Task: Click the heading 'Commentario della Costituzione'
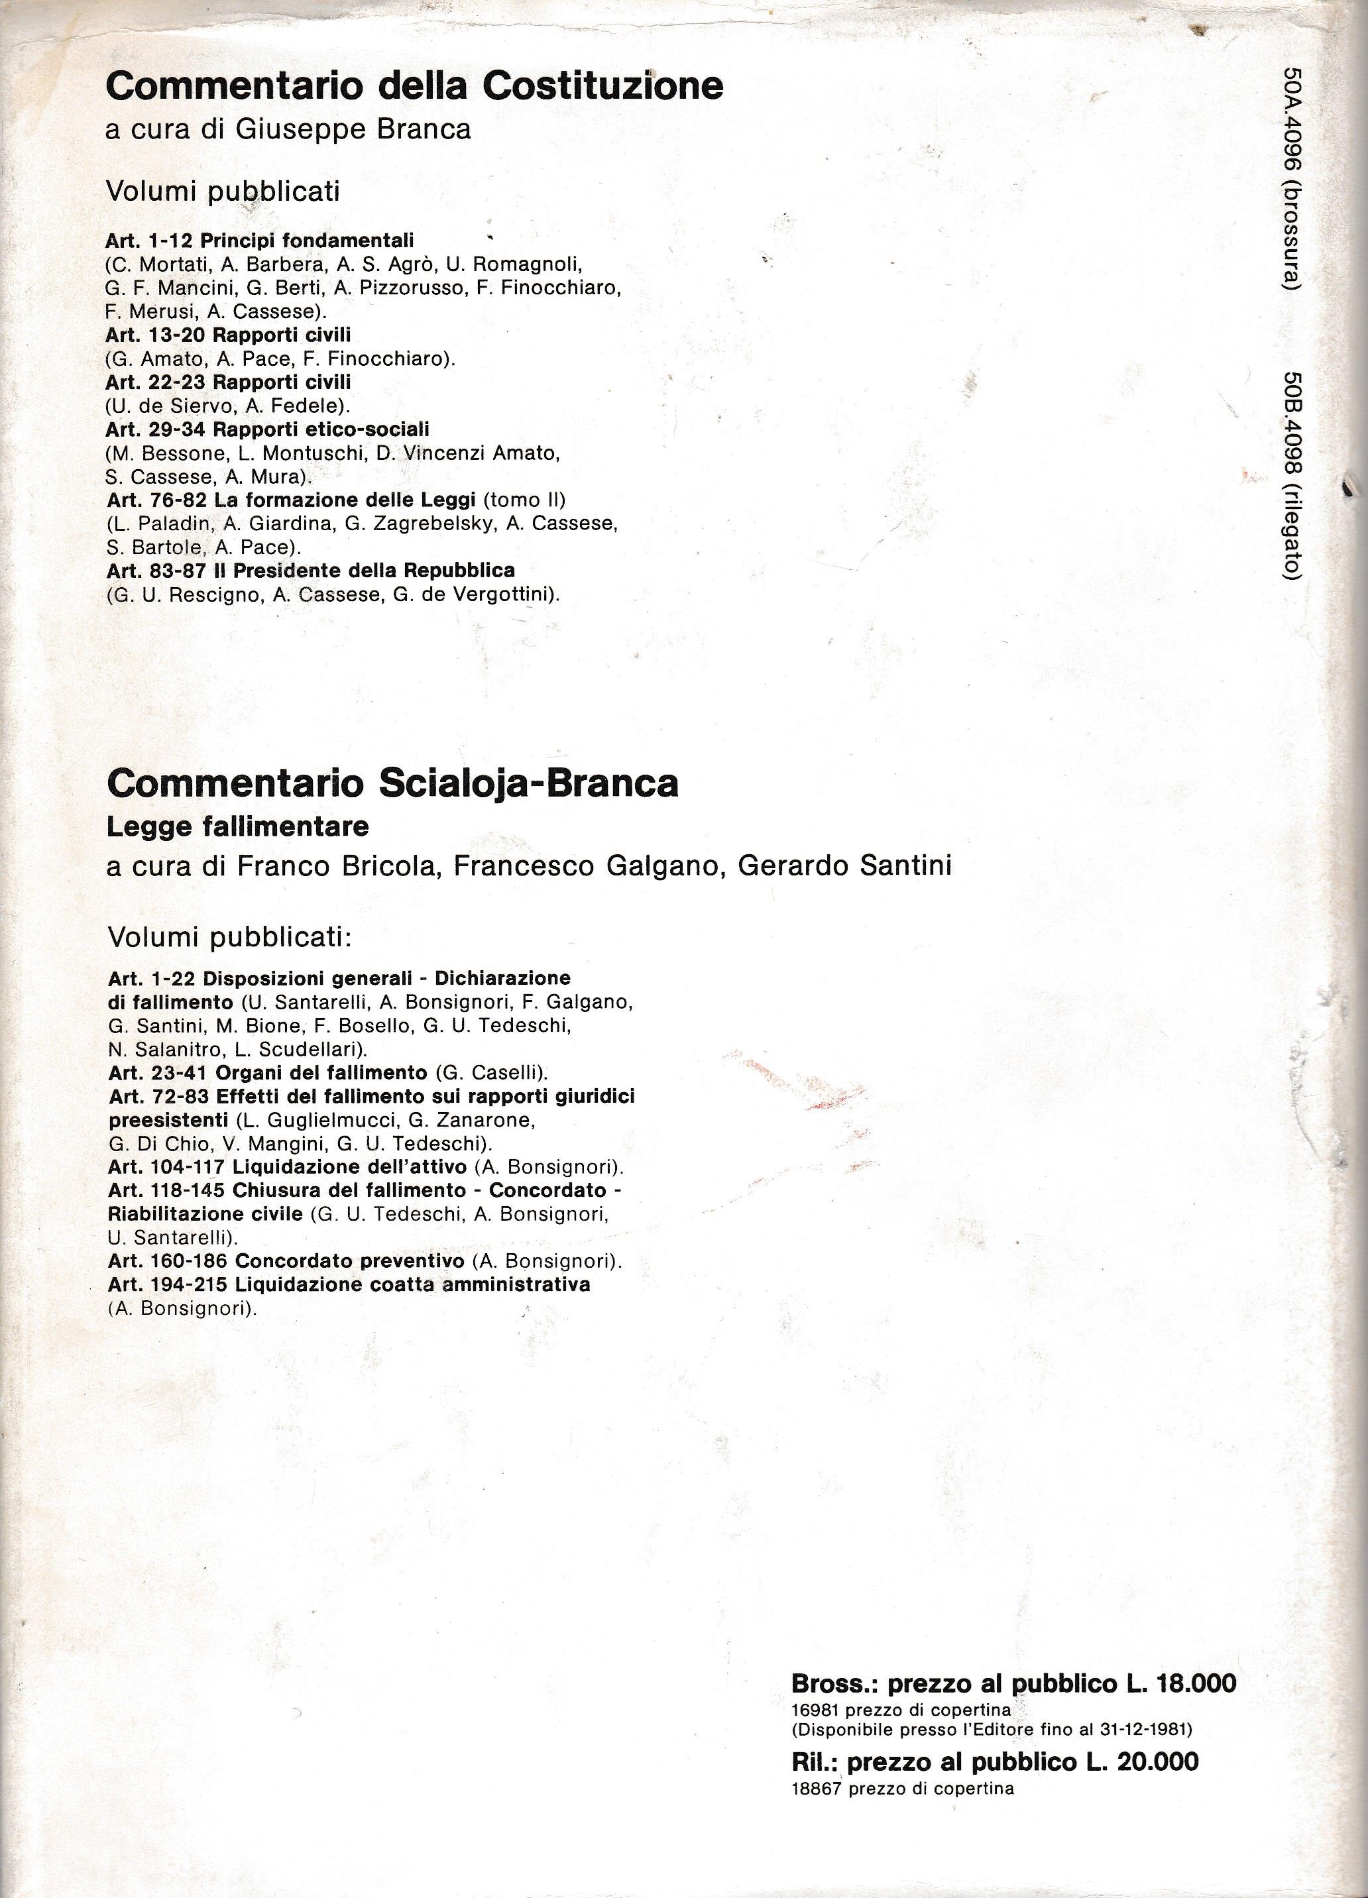(x=414, y=86)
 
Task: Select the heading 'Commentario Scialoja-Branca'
(x=392, y=783)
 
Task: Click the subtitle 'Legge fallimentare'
(x=238, y=827)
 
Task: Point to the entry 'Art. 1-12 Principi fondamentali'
(x=260, y=240)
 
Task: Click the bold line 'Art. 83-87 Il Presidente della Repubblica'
(x=311, y=571)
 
